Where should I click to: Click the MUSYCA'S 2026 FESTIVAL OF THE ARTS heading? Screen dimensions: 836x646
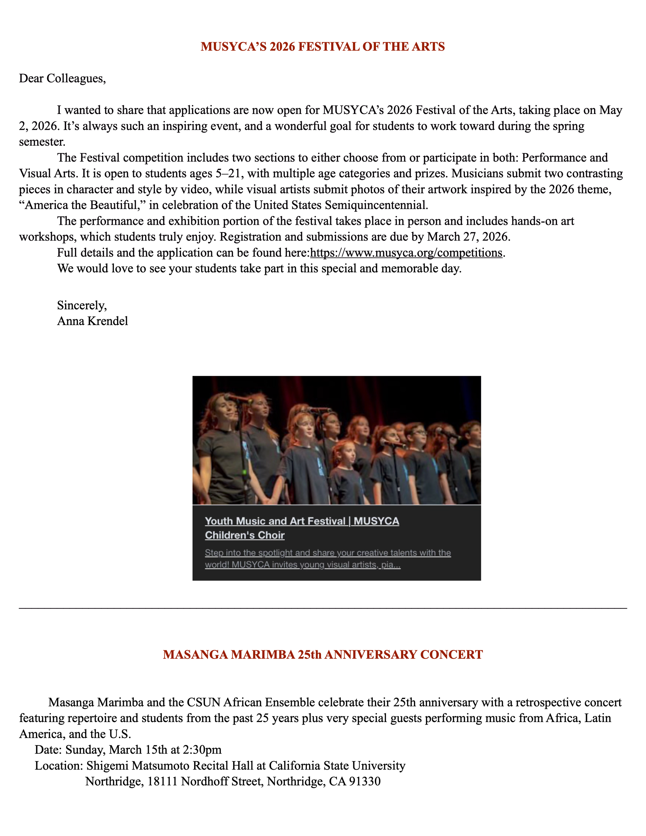[x=323, y=47]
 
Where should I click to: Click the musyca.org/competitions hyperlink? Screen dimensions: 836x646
[x=406, y=253]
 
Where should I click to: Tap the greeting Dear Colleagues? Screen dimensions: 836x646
[x=62, y=79]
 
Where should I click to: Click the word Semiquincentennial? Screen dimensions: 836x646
[x=376, y=205]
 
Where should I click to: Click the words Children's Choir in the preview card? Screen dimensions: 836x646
[x=245, y=535]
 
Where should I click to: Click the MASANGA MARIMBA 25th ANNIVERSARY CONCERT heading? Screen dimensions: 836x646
[x=323, y=655]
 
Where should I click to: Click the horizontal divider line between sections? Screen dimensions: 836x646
[x=323, y=608]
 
